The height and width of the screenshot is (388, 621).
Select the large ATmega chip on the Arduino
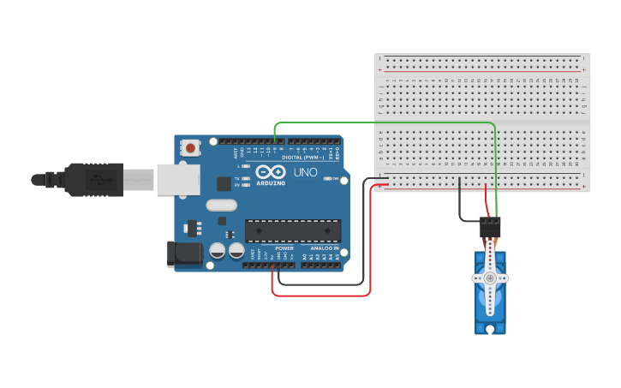pyautogui.click(x=293, y=230)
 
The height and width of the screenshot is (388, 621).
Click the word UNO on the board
pyautogui.click(x=306, y=172)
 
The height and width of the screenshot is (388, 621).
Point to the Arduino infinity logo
pyautogui.click(x=271, y=172)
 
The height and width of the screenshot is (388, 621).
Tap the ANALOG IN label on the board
pyautogui.click(x=323, y=248)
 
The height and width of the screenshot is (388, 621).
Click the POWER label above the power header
pyautogui.click(x=284, y=248)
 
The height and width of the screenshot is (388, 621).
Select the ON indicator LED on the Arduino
pyautogui.click(x=326, y=179)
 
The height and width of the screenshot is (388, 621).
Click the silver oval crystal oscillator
pyautogui.click(x=221, y=205)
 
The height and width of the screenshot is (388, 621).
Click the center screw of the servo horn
pyautogui.click(x=490, y=278)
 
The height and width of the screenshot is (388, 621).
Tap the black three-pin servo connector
pyautogui.click(x=490, y=227)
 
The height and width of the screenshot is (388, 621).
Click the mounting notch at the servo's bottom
pyautogui.click(x=490, y=329)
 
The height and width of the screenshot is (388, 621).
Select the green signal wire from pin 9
pyautogui.click(x=385, y=122)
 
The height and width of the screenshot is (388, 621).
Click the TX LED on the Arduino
pyautogui.click(x=245, y=178)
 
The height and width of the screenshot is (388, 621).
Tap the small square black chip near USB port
pyautogui.click(x=224, y=183)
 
